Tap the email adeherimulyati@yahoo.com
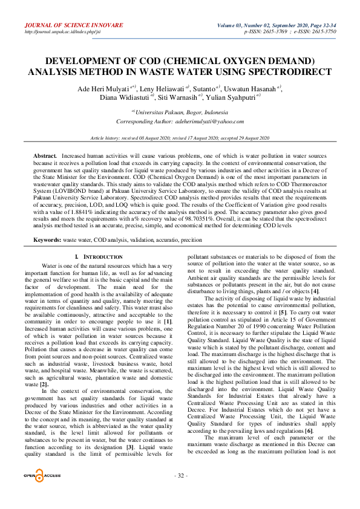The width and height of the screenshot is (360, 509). click(209, 122)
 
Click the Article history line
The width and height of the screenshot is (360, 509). click(180, 138)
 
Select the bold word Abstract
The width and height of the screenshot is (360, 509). click(44, 157)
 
